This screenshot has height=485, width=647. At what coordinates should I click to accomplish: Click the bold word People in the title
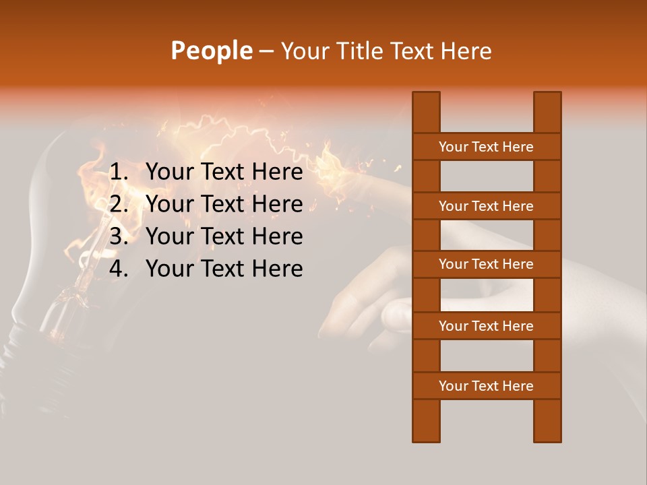click(x=211, y=51)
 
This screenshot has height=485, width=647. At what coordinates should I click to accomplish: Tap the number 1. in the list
click(x=119, y=172)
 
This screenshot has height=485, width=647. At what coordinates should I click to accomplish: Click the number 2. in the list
click(x=119, y=204)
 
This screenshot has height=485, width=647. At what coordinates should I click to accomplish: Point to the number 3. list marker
click(x=119, y=236)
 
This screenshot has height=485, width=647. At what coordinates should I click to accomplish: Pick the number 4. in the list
click(x=119, y=269)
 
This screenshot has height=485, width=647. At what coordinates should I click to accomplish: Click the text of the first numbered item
click(x=224, y=172)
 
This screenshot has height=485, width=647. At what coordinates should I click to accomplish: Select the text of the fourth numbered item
click(x=224, y=269)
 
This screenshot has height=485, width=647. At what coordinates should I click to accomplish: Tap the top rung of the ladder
click(x=486, y=147)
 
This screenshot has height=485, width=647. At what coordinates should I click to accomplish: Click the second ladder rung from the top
click(x=486, y=206)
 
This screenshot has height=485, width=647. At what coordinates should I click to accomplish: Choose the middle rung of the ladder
click(x=486, y=264)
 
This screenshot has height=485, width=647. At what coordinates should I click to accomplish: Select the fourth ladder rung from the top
click(x=486, y=326)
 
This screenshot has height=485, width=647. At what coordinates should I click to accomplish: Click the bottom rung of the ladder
click(x=486, y=386)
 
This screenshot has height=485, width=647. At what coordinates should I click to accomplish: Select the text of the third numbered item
click(x=224, y=236)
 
